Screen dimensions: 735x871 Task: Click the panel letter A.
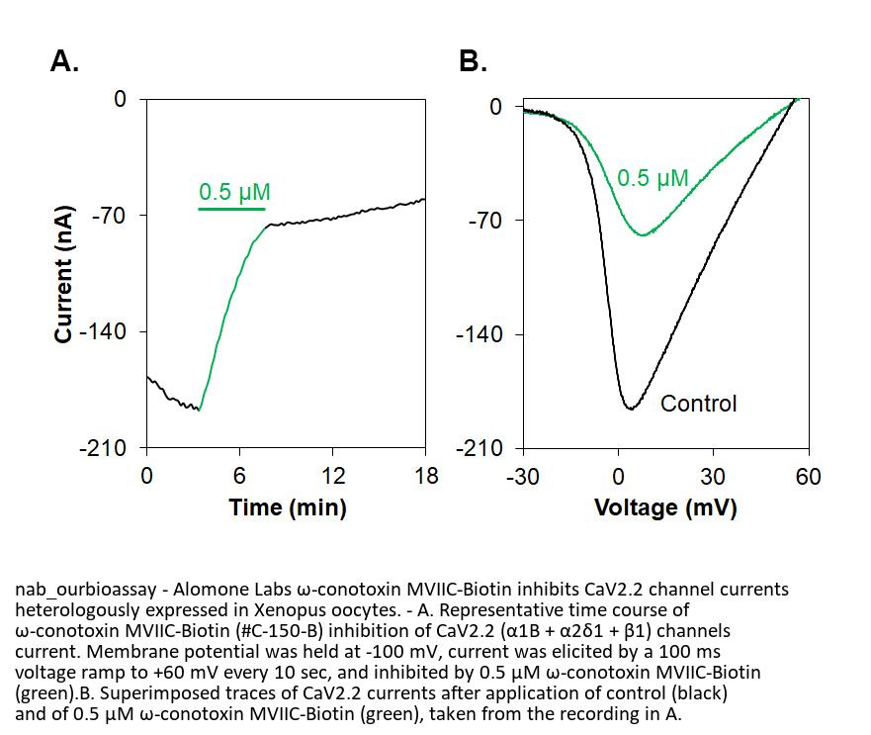point(64,62)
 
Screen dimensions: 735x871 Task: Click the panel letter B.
point(473,62)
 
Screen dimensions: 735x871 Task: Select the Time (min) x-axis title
point(288,507)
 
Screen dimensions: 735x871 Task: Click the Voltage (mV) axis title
point(665,507)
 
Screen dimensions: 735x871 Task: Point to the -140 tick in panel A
point(107,331)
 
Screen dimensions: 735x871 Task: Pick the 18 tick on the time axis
point(426,476)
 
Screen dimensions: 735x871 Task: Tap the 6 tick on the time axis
point(239,476)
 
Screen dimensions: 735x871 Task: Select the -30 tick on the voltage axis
point(522,476)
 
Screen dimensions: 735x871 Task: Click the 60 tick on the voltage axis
point(808,476)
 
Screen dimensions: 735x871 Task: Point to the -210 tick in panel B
point(479,448)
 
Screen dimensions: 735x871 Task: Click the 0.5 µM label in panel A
point(234,192)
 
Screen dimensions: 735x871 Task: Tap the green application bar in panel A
point(231,210)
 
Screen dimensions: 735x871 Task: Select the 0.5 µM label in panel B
point(653,178)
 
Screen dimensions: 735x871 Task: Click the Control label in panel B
point(698,404)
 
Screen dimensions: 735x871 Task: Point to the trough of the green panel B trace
point(643,235)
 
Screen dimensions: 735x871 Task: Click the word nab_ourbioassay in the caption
point(85,590)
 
